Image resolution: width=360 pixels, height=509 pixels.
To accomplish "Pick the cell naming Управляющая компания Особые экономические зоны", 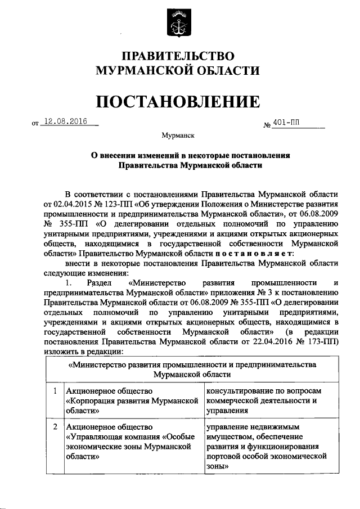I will click(x=133, y=442).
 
